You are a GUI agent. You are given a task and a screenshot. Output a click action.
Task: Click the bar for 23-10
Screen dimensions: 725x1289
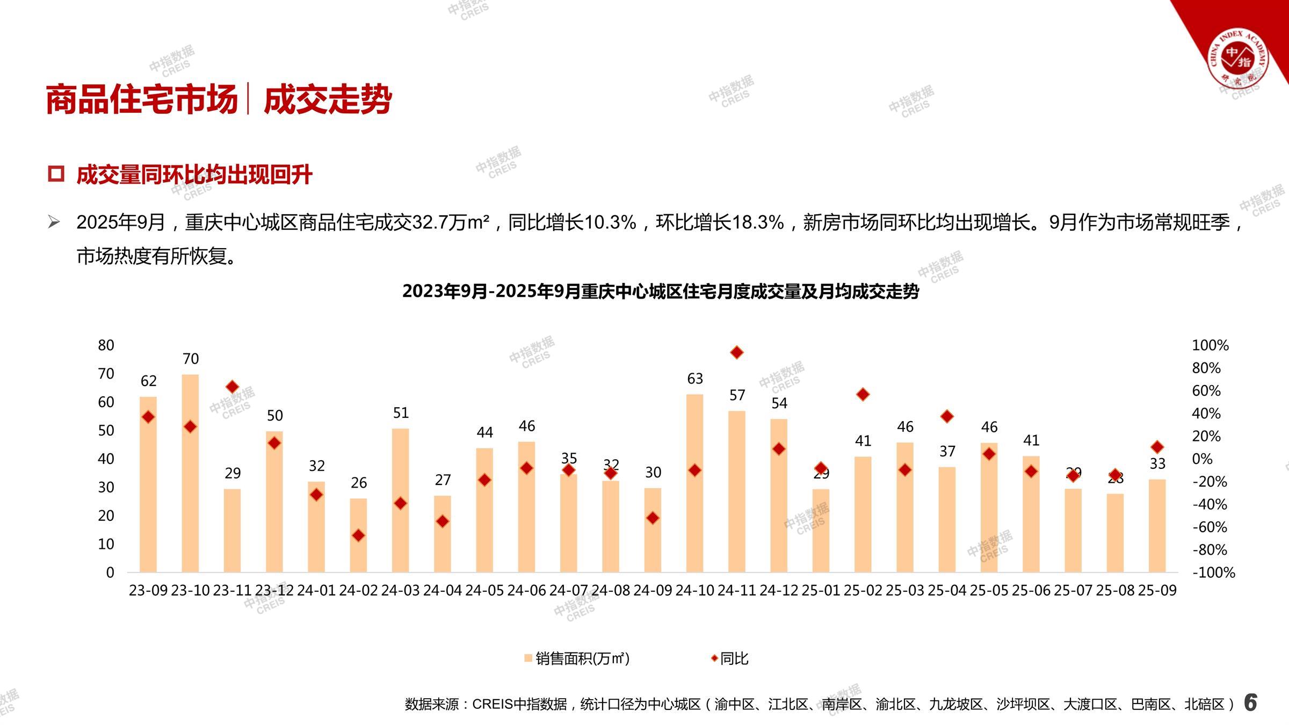[190, 473]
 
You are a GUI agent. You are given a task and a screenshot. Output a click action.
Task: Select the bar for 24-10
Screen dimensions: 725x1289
[694, 483]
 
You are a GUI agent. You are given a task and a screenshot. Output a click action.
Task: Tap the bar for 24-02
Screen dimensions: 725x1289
[358, 535]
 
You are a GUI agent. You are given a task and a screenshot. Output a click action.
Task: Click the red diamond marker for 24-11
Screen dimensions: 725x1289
[737, 352]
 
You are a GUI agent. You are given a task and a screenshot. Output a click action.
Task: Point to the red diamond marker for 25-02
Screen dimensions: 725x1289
[863, 395]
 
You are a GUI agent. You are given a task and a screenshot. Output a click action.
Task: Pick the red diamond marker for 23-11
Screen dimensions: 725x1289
[233, 387]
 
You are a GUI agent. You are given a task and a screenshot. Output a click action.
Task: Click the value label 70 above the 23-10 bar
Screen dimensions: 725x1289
[191, 359]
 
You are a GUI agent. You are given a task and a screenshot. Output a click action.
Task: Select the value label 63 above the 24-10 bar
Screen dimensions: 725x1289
[695, 379]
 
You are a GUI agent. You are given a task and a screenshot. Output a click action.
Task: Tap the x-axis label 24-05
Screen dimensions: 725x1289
[484, 590]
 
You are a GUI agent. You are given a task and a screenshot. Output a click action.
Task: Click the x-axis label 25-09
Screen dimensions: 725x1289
[1157, 590]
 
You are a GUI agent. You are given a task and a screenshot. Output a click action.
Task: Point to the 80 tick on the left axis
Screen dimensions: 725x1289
[106, 345]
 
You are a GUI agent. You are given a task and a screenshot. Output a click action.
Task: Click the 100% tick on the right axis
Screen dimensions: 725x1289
[1210, 345]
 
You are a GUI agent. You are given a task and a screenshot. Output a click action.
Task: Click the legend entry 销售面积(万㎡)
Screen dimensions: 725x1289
[577, 658]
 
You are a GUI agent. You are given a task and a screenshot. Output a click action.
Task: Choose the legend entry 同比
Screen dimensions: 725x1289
[730, 658]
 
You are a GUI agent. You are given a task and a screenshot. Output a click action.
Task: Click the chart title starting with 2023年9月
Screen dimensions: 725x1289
[661, 291]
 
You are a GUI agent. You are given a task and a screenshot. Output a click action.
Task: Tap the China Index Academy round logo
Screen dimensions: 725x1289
[1237, 58]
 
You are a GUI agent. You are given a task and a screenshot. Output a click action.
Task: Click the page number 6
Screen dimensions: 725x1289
[1250, 702]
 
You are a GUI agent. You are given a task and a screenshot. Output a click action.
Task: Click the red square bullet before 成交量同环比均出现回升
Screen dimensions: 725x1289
[56, 174]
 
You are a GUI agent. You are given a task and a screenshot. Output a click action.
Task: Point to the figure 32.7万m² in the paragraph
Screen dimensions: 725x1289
[450, 222]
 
